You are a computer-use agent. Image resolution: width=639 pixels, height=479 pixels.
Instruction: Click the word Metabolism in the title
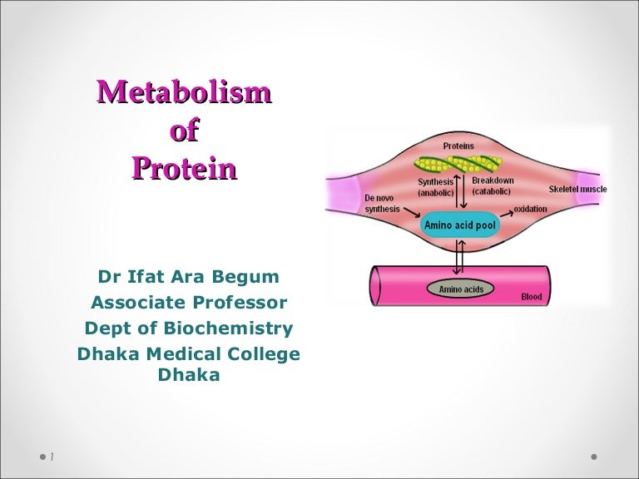pos(184,92)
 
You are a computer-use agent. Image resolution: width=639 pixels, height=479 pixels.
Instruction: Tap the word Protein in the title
pos(184,169)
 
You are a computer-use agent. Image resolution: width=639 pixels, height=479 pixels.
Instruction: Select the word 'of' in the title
pos(184,131)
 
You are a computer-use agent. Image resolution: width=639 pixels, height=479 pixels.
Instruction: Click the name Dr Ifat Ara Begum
pos(189,277)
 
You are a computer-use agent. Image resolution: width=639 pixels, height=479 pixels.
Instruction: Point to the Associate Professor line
pos(189,303)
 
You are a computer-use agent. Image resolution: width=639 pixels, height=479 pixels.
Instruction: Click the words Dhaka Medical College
pos(189,354)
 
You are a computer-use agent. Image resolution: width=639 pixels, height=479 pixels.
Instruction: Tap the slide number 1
pos(52,457)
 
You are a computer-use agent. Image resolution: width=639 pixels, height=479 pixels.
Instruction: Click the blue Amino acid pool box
pos(460,225)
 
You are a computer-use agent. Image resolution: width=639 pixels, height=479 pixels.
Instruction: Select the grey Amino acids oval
pos(460,289)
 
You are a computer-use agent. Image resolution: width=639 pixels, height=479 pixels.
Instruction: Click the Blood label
pos(531,296)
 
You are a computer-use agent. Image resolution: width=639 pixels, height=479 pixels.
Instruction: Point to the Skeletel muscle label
pos(577,189)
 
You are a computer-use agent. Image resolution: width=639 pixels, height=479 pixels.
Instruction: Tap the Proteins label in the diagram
pos(458,146)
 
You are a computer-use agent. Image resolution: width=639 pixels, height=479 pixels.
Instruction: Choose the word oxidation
pos(530,208)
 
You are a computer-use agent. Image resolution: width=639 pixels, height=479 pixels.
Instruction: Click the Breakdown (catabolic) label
pos(493,186)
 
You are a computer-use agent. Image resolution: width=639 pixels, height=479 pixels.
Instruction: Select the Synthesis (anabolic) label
pos(435,187)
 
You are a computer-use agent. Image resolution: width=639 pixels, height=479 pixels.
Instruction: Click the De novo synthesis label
pos(382,203)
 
